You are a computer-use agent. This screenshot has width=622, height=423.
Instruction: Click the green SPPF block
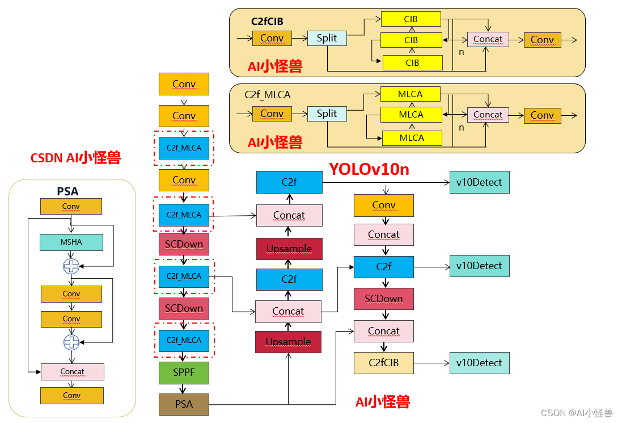click(x=184, y=372)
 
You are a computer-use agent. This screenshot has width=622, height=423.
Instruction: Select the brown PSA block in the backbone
click(x=184, y=404)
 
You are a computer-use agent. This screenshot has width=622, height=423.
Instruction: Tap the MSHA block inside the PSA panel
click(x=71, y=242)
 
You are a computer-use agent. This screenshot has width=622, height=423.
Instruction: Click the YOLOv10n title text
click(x=369, y=169)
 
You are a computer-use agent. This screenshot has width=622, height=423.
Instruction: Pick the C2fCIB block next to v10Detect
click(x=383, y=363)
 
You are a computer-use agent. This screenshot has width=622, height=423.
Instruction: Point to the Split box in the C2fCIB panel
click(x=327, y=39)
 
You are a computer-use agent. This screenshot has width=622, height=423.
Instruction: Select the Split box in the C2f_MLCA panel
click(x=327, y=114)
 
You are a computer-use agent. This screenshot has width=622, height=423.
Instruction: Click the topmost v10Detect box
click(x=479, y=182)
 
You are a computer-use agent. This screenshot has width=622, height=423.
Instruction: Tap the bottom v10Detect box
click(x=479, y=363)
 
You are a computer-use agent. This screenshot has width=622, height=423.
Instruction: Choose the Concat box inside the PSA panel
click(x=72, y=372)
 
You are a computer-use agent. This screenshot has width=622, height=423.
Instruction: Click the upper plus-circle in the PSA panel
click(x=71, y=266)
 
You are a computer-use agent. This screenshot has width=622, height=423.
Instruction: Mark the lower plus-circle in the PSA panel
click(x=71, y=342)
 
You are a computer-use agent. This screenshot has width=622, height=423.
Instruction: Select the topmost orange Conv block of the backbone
click(x=184, y=84)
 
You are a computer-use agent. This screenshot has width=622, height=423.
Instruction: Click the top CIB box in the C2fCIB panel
click(x=411, y=19)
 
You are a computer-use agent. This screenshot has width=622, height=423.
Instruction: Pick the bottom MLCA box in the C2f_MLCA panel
click(x=412, y=138)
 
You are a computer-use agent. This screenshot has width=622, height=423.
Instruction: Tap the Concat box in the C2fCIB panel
click(x=488, y=40)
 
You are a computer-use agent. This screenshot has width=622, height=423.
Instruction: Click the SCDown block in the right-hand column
click(x=383, y=299)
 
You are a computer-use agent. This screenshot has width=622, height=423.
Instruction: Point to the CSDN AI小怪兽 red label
click(x=75, y=158)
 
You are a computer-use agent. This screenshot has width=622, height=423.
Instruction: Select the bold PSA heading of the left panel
click(x=67, y=192)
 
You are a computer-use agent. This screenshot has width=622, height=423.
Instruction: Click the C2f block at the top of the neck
click(x=289, y=182)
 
